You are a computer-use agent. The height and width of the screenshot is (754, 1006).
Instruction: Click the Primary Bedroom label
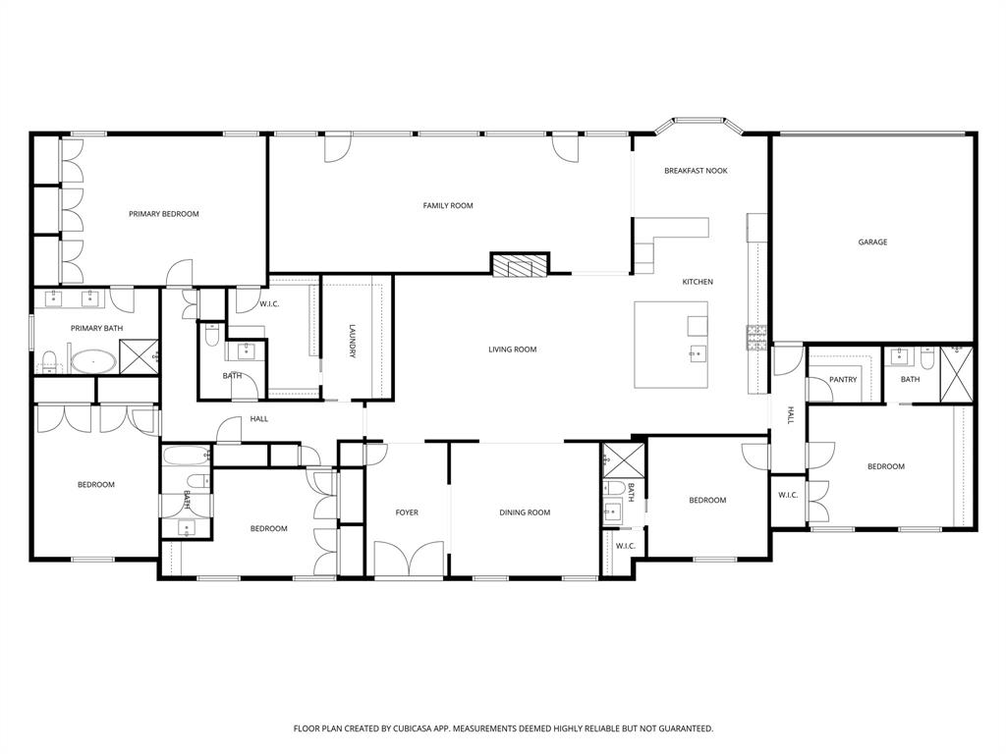click(x=164, y=213)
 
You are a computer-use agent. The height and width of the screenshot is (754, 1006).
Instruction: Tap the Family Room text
click(x=448, y=205)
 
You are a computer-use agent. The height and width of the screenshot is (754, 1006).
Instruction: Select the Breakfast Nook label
click(x=696, y=171)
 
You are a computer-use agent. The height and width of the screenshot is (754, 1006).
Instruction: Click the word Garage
click(x=872, y=242)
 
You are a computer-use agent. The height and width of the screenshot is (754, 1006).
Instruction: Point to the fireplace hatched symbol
click(x=519, y=264)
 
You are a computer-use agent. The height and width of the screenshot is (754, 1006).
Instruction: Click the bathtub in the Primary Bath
click(x=92, y=360)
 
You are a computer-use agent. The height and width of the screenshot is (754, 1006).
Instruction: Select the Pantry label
click(x=843, y=379)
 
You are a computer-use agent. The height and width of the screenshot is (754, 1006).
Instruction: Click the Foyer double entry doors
click(x=408, y=562)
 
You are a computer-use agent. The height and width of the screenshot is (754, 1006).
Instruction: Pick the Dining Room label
click(x=525, y=512)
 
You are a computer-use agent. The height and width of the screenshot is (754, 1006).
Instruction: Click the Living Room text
click(x=512, y=349)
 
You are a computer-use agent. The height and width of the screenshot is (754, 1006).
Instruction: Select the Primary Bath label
click(x=96, y=328)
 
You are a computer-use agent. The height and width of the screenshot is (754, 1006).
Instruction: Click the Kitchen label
click(x=698, y=282)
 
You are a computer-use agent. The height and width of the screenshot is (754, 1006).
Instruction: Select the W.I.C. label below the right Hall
click(x=788, y=494)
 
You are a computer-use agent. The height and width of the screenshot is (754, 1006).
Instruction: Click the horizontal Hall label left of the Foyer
click(x=258, y=418)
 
